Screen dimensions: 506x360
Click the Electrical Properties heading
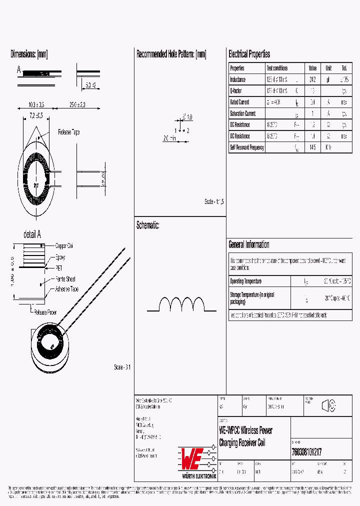(249, 54)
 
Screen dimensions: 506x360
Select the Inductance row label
(237, 79)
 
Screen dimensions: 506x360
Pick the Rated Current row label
(239, 102)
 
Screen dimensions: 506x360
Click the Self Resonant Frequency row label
(246, 147)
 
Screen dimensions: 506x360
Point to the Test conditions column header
(277, 68)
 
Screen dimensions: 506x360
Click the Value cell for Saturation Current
(313, 113)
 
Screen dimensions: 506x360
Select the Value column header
(312, 68)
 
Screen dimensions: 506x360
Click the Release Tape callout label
(68, 132)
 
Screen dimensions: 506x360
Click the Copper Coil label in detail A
(64, 246)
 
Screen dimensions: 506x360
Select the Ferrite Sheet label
(65, 279)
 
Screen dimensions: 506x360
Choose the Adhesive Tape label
(66, 289)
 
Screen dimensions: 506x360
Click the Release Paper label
(45, 312)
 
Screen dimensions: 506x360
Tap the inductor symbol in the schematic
(181, 304)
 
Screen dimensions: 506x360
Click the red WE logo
(191, 456)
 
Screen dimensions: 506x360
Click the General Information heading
(248, 244)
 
